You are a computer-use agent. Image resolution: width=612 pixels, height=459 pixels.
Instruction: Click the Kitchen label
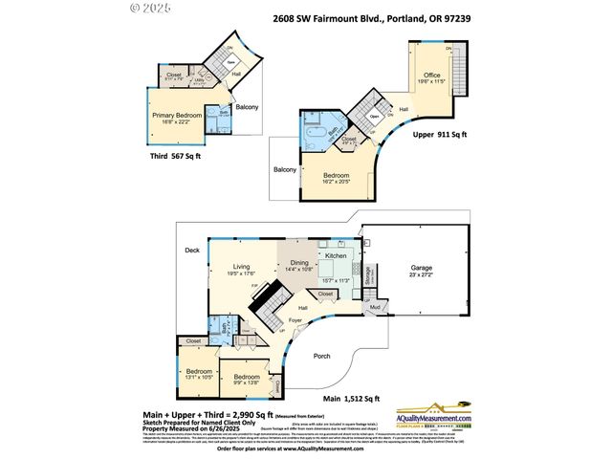click(335, 256)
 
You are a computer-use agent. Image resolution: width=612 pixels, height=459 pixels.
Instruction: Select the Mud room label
click(376, 307)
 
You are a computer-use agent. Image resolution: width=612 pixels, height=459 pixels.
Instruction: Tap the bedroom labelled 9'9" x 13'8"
click(248, 378)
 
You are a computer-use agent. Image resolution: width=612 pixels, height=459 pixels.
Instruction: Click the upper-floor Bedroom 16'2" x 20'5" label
click(336, 176)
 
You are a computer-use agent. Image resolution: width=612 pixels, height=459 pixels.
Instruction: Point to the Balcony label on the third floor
click(247, 107)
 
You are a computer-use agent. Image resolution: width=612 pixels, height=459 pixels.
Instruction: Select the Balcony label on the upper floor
click(284, 169)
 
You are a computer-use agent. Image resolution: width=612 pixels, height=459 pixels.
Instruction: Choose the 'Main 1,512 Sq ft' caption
click(351, 399)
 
